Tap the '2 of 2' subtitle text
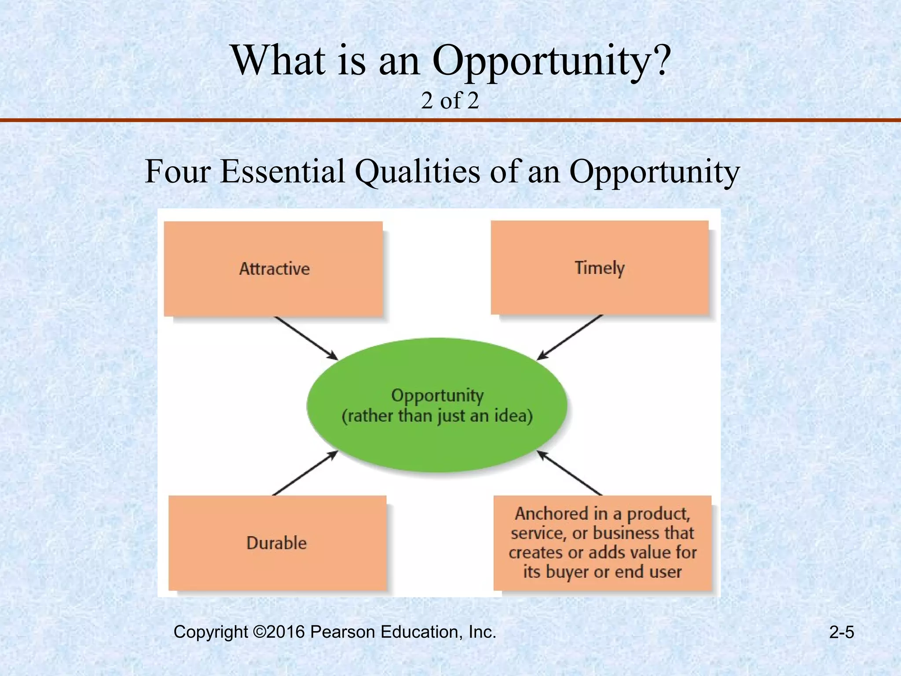point(450,101)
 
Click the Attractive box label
point(274,269)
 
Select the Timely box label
point(599,268)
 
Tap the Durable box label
point(276,543)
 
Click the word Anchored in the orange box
point(551,514)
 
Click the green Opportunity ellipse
point(436,445)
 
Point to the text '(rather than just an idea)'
point(437,416)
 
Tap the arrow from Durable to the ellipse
point(305,473)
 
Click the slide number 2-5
point(841,632)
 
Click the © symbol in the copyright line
point(260,632)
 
